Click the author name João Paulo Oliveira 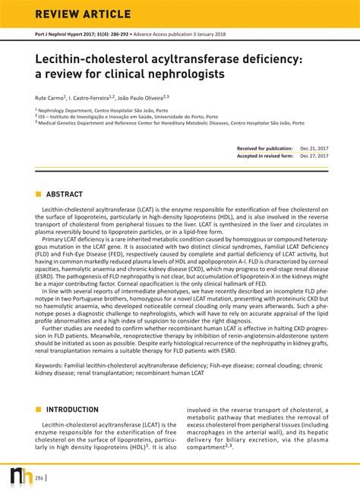147,98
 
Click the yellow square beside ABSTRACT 38,194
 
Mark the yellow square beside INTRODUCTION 38,410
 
